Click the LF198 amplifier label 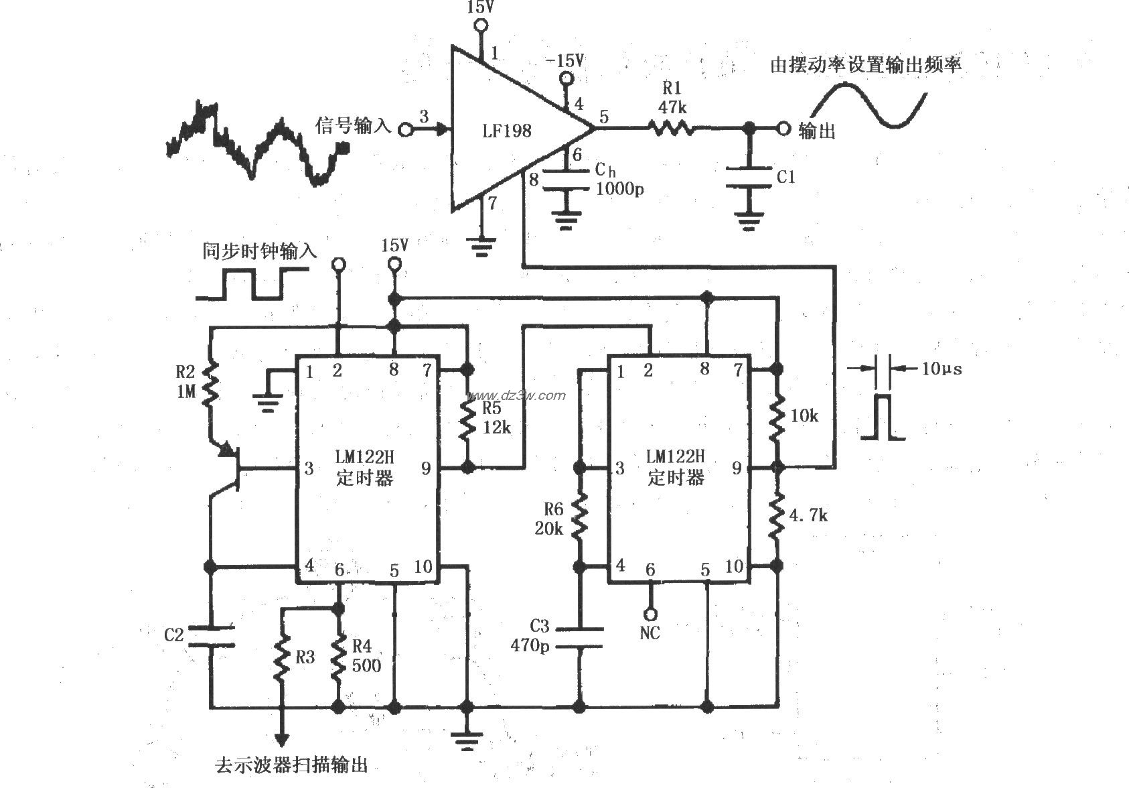click(x=506, y=131)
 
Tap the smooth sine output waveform click(x=869, y=105)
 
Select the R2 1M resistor click(x=210, y=384)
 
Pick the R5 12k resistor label click(x=496, y=417)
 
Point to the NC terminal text click(x=650, y=633)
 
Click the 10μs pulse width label click(x=941, y=369)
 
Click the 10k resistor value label click(x=804, y=415)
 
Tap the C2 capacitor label click(x=173, y=634)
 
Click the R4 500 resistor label click(x=366, y=655)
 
